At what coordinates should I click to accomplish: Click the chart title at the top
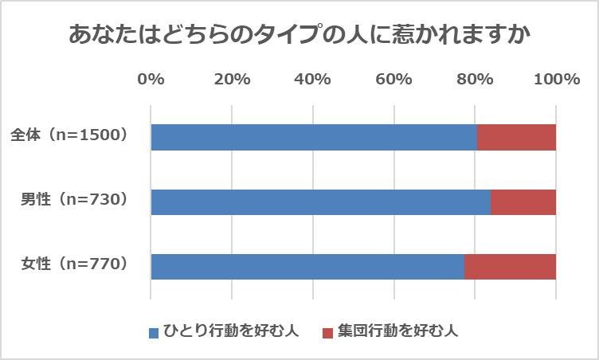click(299, 36)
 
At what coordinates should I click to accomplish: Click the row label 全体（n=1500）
click(69, 135)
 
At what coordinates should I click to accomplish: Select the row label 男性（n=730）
click(74, 200)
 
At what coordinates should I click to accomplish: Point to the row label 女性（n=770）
click(74, 264)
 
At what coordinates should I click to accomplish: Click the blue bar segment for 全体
click(313, 137)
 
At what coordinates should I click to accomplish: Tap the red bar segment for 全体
click(516, 137)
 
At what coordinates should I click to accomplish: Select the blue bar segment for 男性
click(320, 202)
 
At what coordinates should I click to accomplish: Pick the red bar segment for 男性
click(523, 202)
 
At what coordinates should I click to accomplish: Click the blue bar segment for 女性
click(307, 266)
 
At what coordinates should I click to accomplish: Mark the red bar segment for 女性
click(510, 266)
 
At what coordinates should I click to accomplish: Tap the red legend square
click(327, 332)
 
